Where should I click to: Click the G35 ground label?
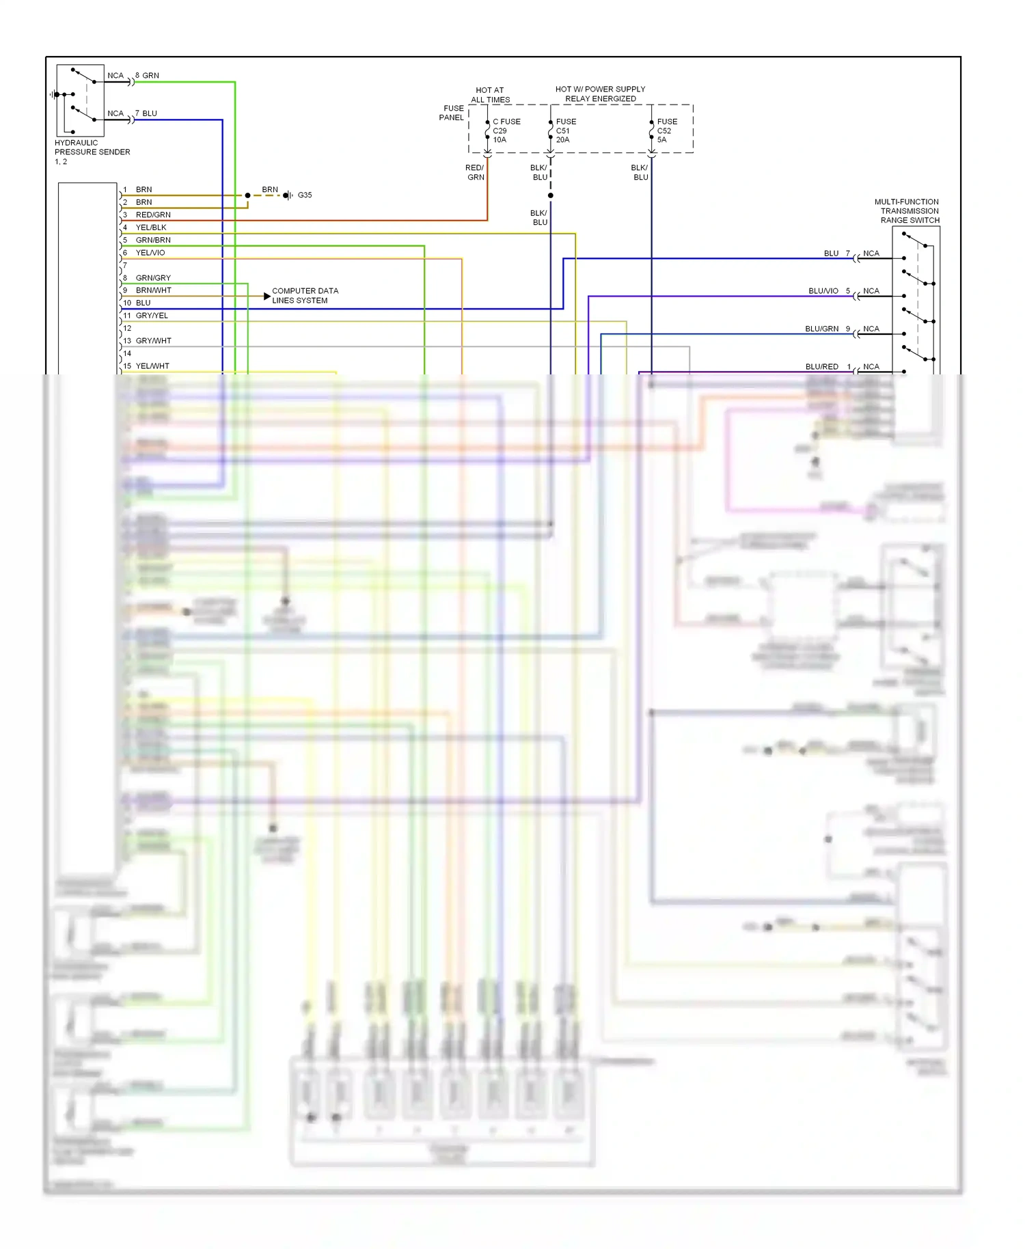[x=305, y=195]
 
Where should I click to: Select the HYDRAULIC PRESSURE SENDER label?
[x=92, y=148]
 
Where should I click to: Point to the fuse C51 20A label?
[x=564, y=131]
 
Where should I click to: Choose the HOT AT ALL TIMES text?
[x=490, y=95]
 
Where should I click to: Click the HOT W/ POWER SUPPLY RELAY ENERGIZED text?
[x=600, y=94]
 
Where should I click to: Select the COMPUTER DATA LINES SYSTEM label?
[x=305, y=296]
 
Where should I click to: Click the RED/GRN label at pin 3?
[x=153, y=215]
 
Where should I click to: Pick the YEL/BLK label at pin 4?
[x=151, y=228]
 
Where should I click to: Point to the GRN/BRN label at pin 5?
[x=153, y=241]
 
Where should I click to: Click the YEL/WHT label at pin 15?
[x=152, y=366]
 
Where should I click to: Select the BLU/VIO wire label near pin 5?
[x=823, y=291]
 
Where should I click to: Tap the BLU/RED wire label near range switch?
[x=821, y=367]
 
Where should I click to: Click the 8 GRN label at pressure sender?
[x=148, y=76]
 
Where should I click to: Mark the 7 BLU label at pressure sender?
[x=146, y=113]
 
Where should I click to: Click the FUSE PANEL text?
[x=452, y=113]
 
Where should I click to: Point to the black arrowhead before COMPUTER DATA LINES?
[x=266, y=296]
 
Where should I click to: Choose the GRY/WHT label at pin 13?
[x=153, y=341]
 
